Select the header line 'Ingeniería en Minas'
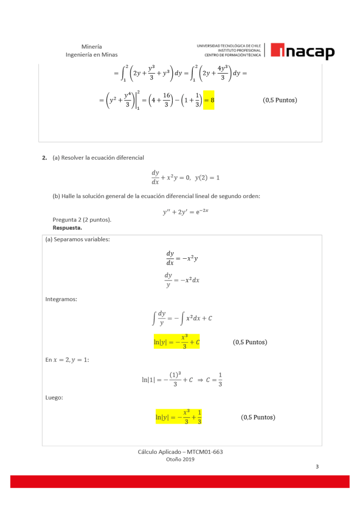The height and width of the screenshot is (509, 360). click(x=92, y=55)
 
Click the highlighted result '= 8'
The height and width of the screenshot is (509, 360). click(x=209, y=100)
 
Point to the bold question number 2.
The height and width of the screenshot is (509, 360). click(x=45, y=158)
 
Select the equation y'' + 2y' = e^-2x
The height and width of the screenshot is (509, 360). click(x=186, y=211)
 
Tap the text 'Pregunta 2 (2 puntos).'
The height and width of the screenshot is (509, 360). click(x=82, y=219)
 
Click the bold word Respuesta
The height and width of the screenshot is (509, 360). click(x=67, y=227)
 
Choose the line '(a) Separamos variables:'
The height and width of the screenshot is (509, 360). click(x=78, y=239)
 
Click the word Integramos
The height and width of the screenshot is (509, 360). click(x=61, y=299)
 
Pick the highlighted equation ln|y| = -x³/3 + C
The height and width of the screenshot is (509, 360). click(x=177, y=341)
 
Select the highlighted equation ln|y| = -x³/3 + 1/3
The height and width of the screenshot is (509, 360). click(x=178, y=416)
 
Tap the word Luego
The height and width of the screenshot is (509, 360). click(x=54, y=397)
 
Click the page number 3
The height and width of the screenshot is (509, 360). click(x=317, y=466)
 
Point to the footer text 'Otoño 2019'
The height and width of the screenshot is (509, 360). click(x=180, y=459)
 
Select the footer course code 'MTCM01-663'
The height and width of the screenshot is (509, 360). click(x=205, y=451)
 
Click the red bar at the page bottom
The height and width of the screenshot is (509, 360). click(x=180, y=481)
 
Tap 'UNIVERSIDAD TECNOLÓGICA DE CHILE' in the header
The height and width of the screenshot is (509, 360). click(x=229, y=46)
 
